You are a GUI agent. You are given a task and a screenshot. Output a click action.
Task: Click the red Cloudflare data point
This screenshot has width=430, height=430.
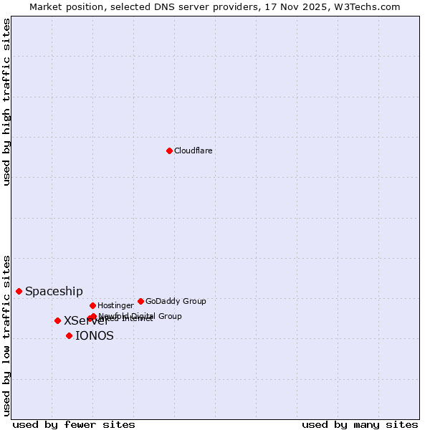pos(169,150)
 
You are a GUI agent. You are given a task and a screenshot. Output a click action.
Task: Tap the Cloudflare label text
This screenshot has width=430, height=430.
pos(193,150)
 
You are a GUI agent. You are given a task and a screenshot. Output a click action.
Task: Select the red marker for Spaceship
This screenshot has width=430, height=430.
pos(19,291)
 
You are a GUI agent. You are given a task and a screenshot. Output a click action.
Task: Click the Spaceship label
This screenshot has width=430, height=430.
pos(54,291)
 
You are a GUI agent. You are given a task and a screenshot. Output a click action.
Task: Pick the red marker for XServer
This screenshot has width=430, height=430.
pos(57,320)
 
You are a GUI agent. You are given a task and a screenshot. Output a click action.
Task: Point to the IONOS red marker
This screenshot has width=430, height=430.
pos(69,335)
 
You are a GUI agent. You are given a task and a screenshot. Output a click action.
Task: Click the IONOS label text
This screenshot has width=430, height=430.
pos(95,335)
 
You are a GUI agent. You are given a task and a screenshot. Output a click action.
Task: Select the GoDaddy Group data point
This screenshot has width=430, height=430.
pos(140,301)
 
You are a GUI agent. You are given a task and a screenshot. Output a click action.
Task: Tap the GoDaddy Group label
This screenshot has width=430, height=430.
pos(176,301)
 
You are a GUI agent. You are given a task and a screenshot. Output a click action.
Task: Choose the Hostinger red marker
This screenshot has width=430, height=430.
pos(92,305)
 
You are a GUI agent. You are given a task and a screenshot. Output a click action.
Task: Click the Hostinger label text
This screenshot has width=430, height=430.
pos(115,305)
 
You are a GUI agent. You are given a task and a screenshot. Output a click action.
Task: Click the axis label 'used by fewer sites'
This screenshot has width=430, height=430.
pos(74,424)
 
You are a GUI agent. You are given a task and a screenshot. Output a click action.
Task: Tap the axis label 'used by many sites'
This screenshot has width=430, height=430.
pos(360,424)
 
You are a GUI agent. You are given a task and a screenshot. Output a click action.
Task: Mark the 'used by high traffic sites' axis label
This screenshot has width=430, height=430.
pos(7,102)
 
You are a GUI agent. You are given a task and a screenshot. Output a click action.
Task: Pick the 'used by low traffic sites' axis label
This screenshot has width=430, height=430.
pos(7,335)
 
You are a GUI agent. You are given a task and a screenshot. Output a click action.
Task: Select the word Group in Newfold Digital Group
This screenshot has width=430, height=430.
pos(170,316)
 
